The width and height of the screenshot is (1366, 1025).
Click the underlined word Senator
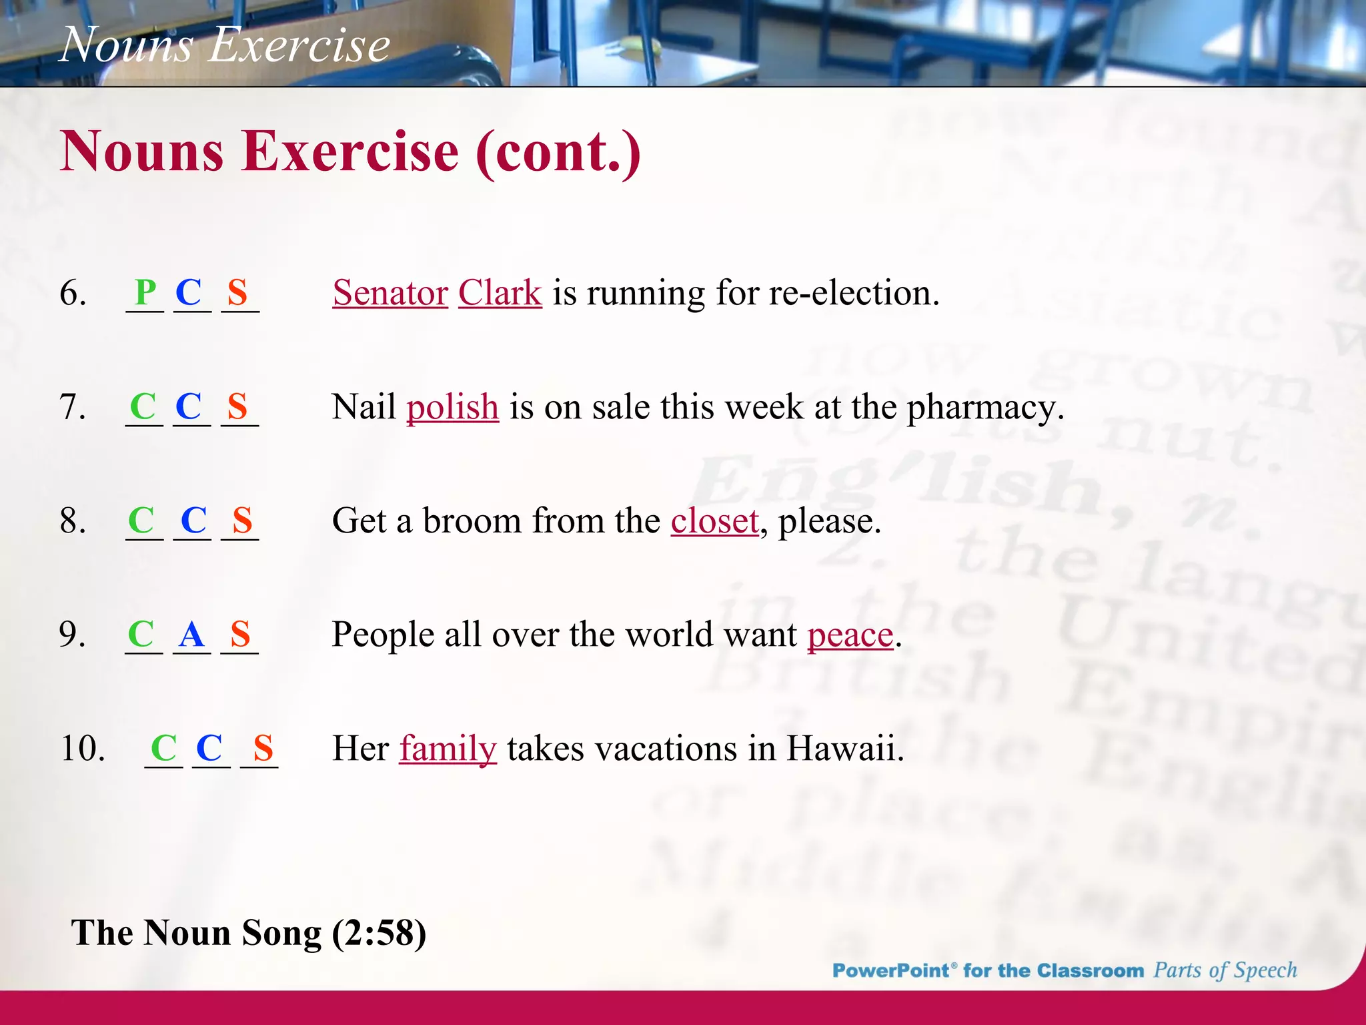coord(390,294)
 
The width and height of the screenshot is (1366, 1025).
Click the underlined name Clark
coord(500,294)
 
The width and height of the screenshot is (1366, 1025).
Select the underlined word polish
coord(453,408)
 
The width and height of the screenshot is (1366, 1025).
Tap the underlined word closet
coord(714,521)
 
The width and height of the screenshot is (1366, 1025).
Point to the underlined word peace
coord(850,635)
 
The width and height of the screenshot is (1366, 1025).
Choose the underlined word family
coord(448,749)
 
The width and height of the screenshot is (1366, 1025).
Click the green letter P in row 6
coord(145,292)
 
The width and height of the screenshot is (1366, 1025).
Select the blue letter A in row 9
coord(191,635)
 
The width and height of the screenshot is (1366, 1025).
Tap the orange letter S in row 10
coord(263,748)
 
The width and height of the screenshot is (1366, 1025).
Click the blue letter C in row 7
coord(189,406)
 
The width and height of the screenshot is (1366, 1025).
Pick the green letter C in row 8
coord(141,521)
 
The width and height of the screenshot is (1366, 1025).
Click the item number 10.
coord(83,748)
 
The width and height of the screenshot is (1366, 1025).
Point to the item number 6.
coord(73,293)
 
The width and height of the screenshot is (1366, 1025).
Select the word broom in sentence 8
coord(471,521)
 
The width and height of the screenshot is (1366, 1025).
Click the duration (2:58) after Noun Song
coord(379,933)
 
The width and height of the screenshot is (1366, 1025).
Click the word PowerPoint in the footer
coord(890,970)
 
